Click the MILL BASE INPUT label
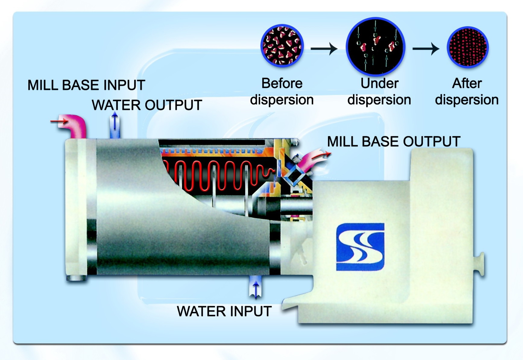[86, 85]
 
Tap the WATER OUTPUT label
[147, 105]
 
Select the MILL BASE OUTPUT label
[394, 141]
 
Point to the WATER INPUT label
[224, 311]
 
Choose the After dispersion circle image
[468, 47]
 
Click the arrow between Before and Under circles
[324, 49]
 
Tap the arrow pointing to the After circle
[426, 49]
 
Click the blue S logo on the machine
[360, 247]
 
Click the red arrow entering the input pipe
[59, 121]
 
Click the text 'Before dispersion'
[282, 91]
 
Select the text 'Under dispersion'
[379, 91]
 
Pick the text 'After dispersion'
[467, 91]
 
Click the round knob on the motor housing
[480, 264]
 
